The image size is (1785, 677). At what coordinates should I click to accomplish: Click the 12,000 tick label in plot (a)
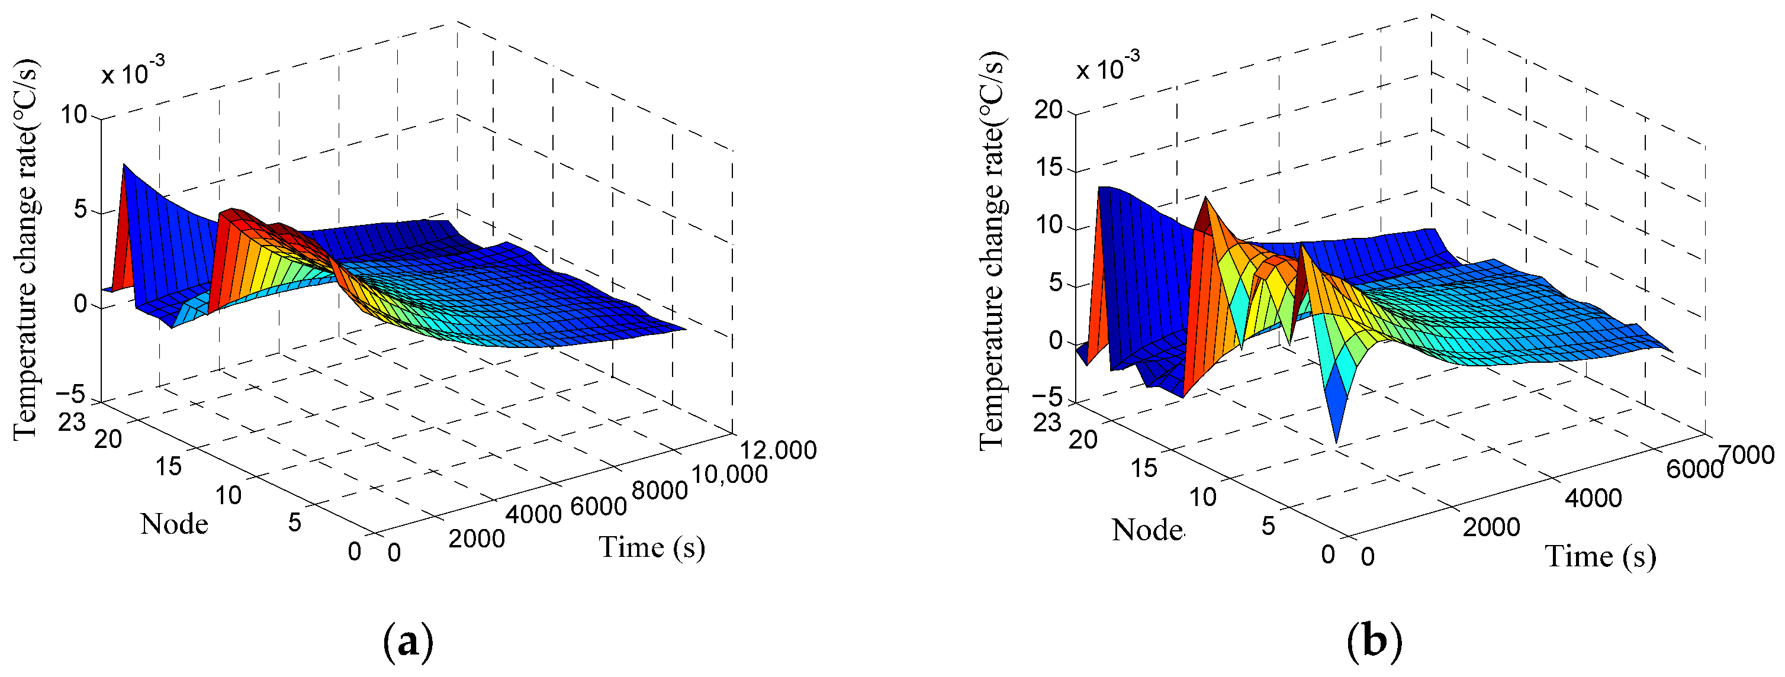tap(777, 450)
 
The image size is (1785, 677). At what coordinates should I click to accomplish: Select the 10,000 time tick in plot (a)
tap(729, 475)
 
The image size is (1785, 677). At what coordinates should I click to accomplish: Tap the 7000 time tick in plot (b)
tap(1747, 454)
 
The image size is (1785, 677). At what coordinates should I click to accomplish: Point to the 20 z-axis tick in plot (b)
tap(1048, 109)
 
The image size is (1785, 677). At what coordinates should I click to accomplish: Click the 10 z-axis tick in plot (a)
tap(73, 114)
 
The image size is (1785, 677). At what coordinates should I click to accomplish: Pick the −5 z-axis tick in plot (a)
tap(70, 395)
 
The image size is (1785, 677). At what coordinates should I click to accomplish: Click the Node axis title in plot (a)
tap(174, 524)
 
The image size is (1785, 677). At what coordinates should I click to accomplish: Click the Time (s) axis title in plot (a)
tap(652, 547)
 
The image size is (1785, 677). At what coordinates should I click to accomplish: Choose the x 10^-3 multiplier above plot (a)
tap(133, 72)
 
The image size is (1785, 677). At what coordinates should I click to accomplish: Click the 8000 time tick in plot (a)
tap(660, 491)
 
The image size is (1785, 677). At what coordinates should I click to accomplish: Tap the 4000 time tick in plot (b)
tap(1593, 498)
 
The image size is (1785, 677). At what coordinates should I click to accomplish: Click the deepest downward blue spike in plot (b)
tap(1335, 440)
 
